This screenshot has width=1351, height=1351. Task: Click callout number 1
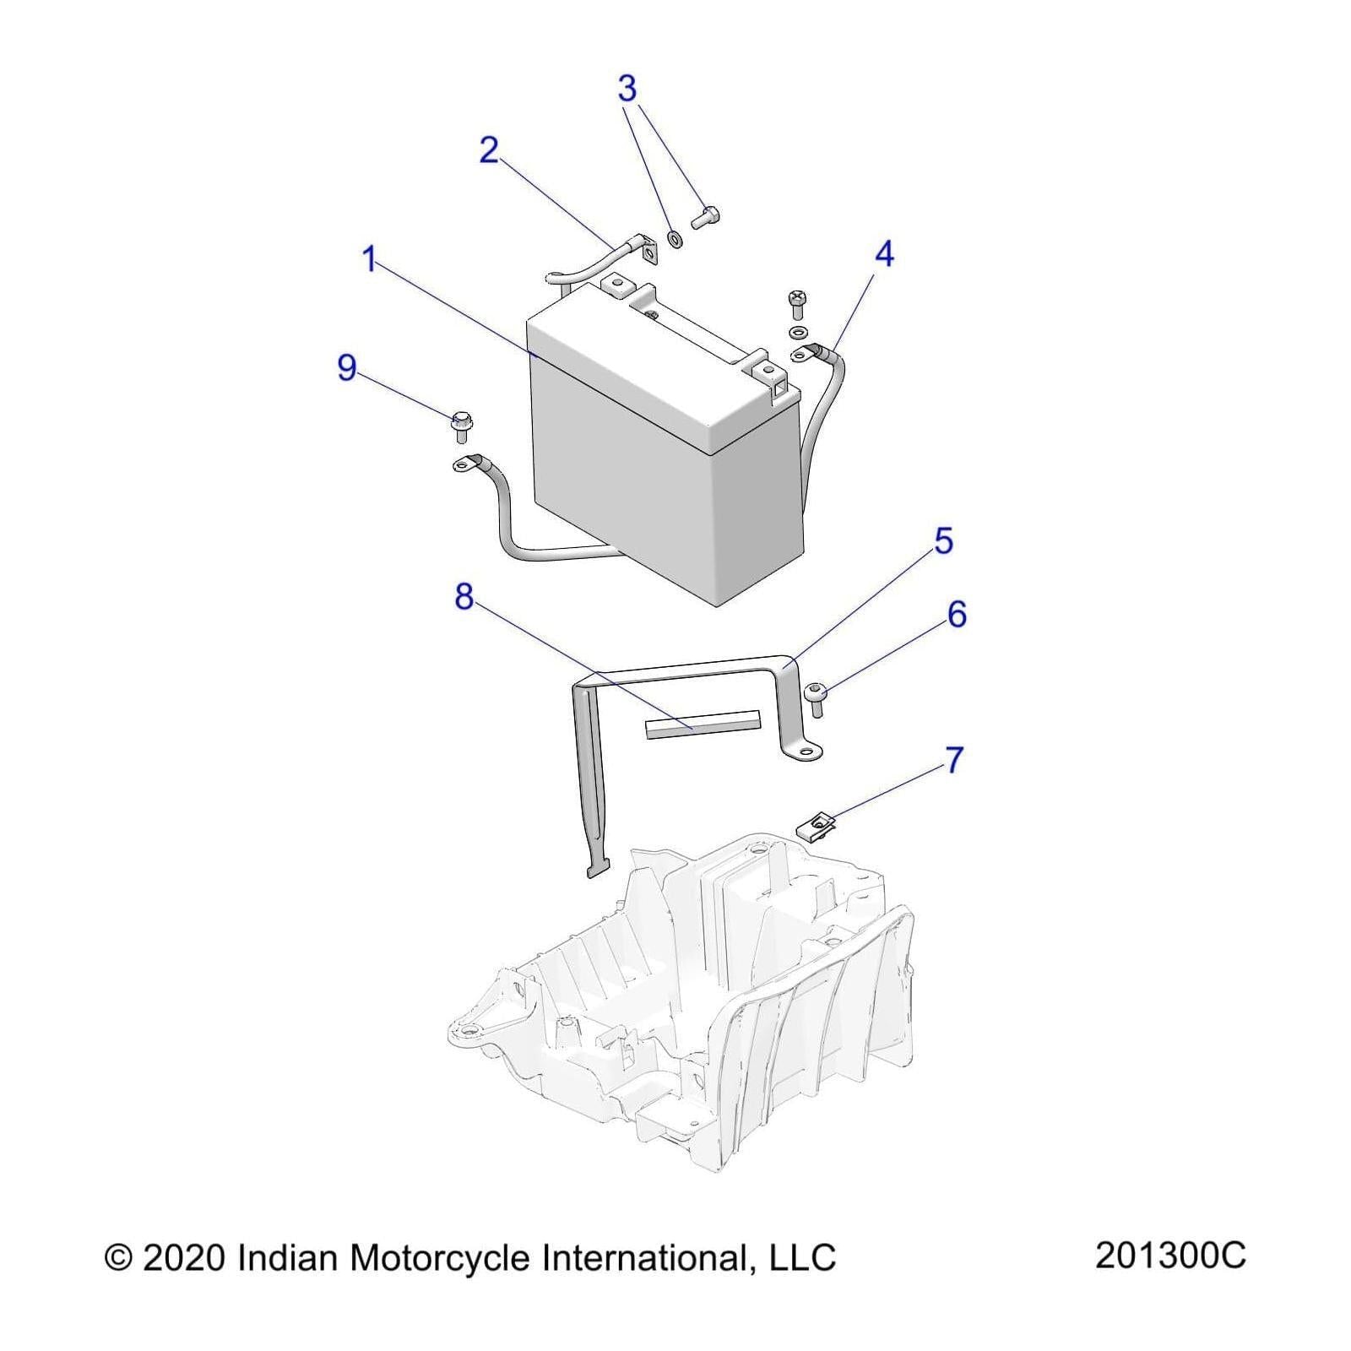tap(368, 259)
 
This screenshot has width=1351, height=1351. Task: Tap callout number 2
tap(489, 151)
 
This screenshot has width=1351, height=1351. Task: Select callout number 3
tap(627, 88)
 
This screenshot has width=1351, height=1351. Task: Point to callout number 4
tap(883, 254)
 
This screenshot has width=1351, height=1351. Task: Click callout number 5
tap(943, 541)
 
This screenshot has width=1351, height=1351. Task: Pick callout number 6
tap(956, 615)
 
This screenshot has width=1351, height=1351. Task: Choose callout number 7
tap(953, 760)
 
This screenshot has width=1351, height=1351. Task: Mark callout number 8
tap(464, 597)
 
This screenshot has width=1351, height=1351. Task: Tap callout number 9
tap(346, 368)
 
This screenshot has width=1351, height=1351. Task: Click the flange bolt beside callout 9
tap(461, 426)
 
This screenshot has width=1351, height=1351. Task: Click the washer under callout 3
tap(675, 237)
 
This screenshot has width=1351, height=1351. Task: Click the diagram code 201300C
tap(1170, 1256)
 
